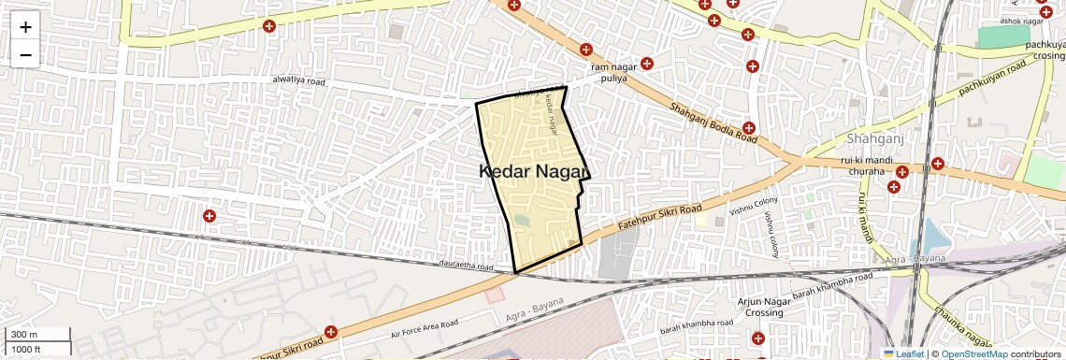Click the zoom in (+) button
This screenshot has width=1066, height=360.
[x=25, y=27]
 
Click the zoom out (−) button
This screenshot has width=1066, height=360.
[x=25, y=54]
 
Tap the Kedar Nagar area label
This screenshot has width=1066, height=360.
[x=535, y=171]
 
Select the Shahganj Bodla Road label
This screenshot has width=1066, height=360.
[x=713, y=122]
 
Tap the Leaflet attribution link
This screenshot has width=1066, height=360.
[x=904, y=353]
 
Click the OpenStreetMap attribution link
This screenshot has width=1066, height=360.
[x=973, y=353]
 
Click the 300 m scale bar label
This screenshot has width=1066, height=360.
[x=23, y=335]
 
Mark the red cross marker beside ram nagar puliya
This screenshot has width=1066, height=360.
[x=647, y=64]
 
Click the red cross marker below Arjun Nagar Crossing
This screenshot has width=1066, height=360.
[x=757, y=338]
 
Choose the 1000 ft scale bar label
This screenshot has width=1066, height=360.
[x=26, y=349]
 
